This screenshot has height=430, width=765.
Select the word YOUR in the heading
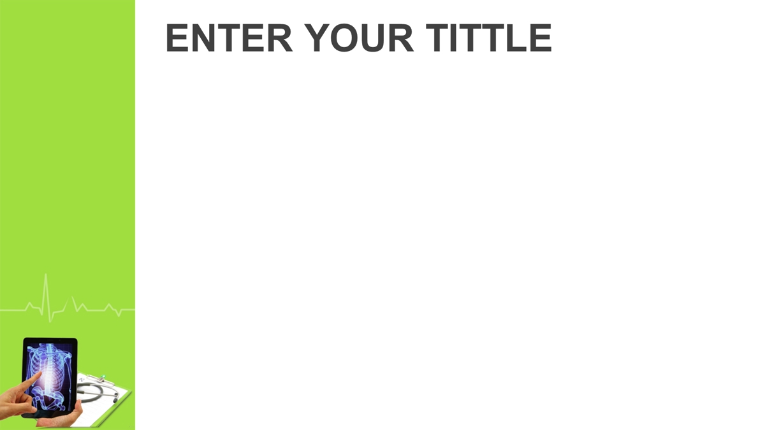pos(359,38)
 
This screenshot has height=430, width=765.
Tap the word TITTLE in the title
pos(489,38)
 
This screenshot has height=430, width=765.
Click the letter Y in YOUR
pos(317,38)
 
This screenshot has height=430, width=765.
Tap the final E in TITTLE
pos(541,38)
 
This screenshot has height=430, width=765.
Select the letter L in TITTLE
pos(517,38)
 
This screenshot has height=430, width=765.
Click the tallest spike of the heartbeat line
pos(46,275)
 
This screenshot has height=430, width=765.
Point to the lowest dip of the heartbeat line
pos(50,322)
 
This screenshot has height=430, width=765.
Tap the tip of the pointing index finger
pos(40,373)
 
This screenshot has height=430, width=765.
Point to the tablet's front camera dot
pos(50,340)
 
